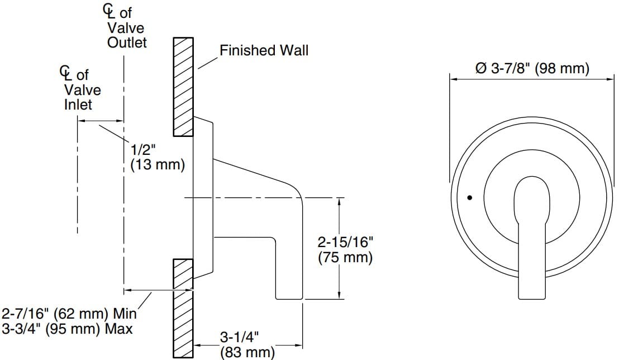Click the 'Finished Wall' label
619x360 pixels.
click(263, 51)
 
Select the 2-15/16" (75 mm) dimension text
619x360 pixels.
click(345, 250)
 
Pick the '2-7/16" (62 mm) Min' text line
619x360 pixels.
click(69, 313)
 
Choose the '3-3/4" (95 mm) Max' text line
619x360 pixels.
click(67, 329)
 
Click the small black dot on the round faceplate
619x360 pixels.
click(469, 197)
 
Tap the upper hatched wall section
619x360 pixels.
click(183, 87)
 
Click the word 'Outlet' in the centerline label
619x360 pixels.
click(127, 42)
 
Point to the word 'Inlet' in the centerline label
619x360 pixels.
click(78, 105)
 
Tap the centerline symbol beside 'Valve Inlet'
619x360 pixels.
click(66, 73)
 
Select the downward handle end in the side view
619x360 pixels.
click(288, 280)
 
